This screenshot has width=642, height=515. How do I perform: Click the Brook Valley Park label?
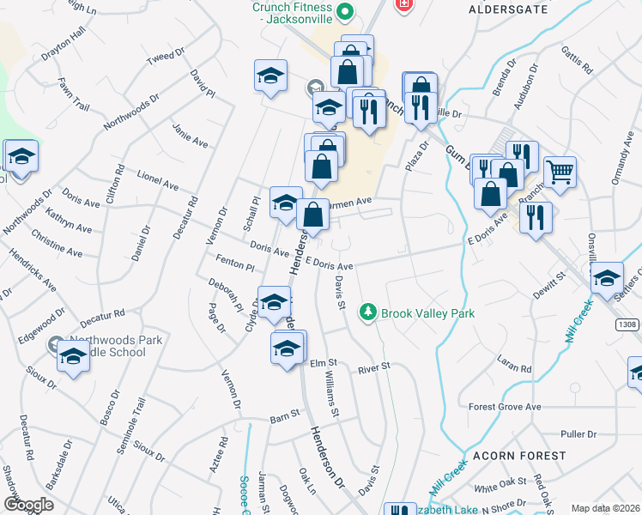[427, 313]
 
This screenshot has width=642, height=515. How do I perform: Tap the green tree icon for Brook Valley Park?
[368, 311]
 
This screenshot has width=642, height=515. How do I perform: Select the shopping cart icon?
[560, 171]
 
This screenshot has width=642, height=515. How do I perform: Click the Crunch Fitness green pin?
[345, 11]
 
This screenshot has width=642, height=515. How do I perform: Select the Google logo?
[28, 504]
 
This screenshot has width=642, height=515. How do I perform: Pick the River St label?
[374, 367]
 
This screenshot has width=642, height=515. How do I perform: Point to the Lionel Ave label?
[157, 180]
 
